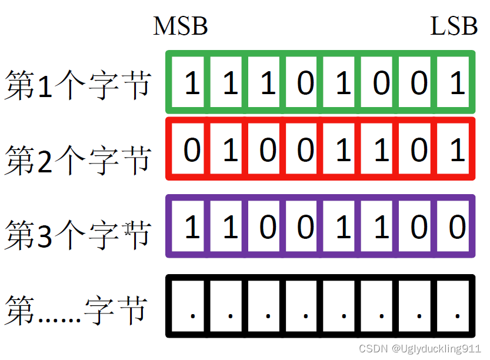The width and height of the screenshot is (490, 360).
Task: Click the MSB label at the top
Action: (x=180, y=26)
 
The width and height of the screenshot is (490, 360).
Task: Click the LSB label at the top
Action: (x=454, y=26)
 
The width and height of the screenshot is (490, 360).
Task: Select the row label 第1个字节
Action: (x=78, y=86)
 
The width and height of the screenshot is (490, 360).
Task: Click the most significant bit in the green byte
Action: (x=192, y=84)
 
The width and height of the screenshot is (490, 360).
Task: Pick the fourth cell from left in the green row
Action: (x=305, y=84)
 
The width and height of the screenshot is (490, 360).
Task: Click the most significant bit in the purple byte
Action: (x=192, y=226)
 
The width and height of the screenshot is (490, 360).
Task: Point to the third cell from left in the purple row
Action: (x=268, y=226)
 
